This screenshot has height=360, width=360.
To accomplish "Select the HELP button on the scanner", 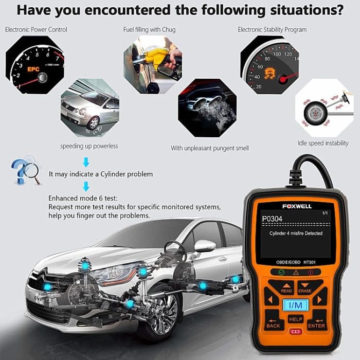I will [296, 319].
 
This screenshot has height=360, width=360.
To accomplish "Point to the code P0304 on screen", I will [273, 219].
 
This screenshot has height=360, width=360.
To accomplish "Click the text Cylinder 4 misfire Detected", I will [296, 233].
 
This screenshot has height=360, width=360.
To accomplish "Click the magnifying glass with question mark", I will [25, 171].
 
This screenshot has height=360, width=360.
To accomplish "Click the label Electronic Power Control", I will [36, 30].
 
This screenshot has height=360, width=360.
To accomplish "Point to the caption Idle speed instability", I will [323, 143].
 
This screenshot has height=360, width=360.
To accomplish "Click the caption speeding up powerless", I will [89, 146].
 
